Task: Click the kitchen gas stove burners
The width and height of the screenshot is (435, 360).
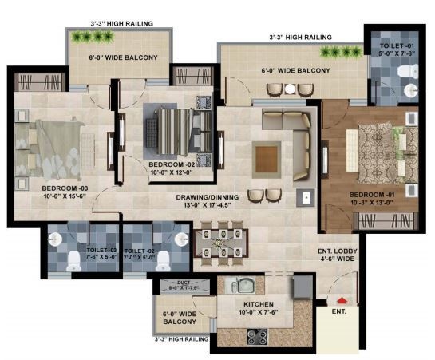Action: click(x=257, y=338)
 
